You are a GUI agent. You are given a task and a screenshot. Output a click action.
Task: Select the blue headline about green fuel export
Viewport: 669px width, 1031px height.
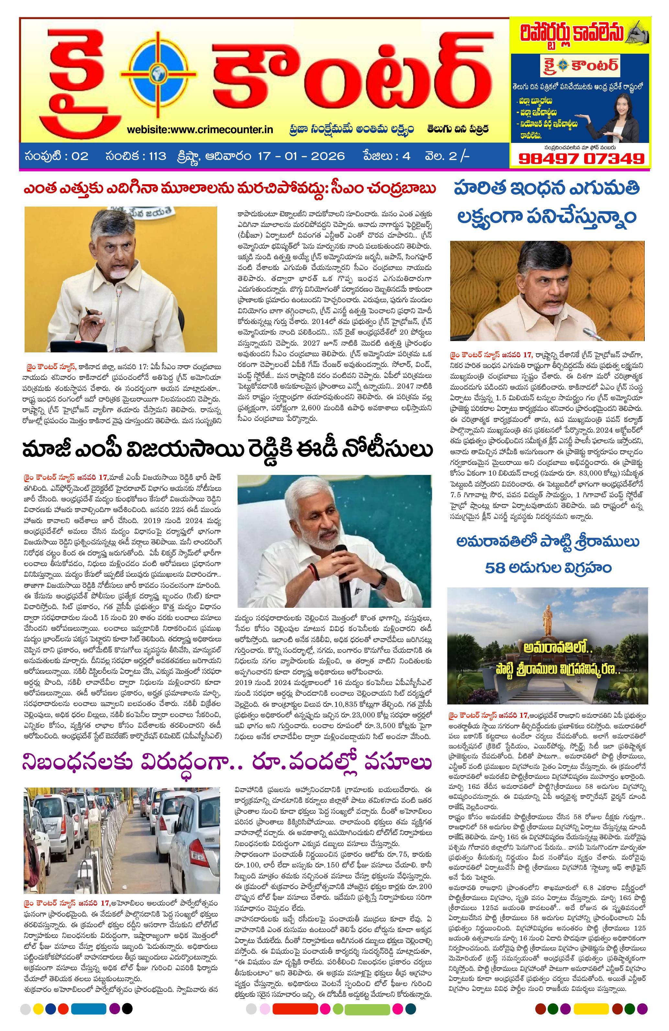tap(547, 202)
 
